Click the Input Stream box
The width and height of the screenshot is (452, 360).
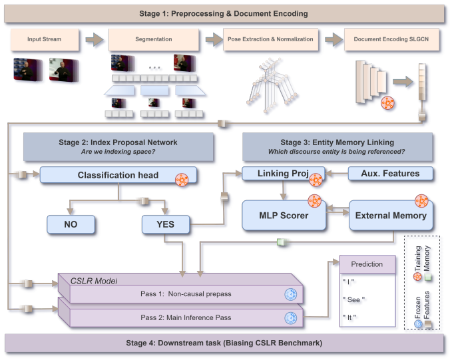[45, 39]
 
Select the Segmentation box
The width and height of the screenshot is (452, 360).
[154, 39]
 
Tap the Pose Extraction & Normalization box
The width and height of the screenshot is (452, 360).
[271, 39]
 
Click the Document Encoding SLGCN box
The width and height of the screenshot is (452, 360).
[391, 39]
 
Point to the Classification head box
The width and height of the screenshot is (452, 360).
[118, 175]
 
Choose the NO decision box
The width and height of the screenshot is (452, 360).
[71, 224]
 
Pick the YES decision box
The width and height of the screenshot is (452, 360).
[166, 224]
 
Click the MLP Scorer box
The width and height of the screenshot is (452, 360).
[284, 216]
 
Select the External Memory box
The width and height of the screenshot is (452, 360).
[391, 216]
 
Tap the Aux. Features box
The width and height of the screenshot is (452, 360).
[391, 174]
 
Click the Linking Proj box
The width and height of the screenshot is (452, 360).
[283, 174]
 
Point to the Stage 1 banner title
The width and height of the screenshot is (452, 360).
[224, 13]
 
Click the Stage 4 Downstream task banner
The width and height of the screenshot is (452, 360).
[224, 343]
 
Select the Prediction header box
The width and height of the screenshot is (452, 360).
[367, 264]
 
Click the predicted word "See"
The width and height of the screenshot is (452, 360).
[353, 299]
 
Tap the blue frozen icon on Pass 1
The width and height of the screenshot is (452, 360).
[290, 294]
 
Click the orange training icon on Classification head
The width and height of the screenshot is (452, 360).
[182, 180]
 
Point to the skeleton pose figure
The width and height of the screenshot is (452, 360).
[272, 85]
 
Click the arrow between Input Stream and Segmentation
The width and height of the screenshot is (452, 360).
[95, 39]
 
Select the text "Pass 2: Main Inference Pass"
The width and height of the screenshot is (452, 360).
[186, 317]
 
